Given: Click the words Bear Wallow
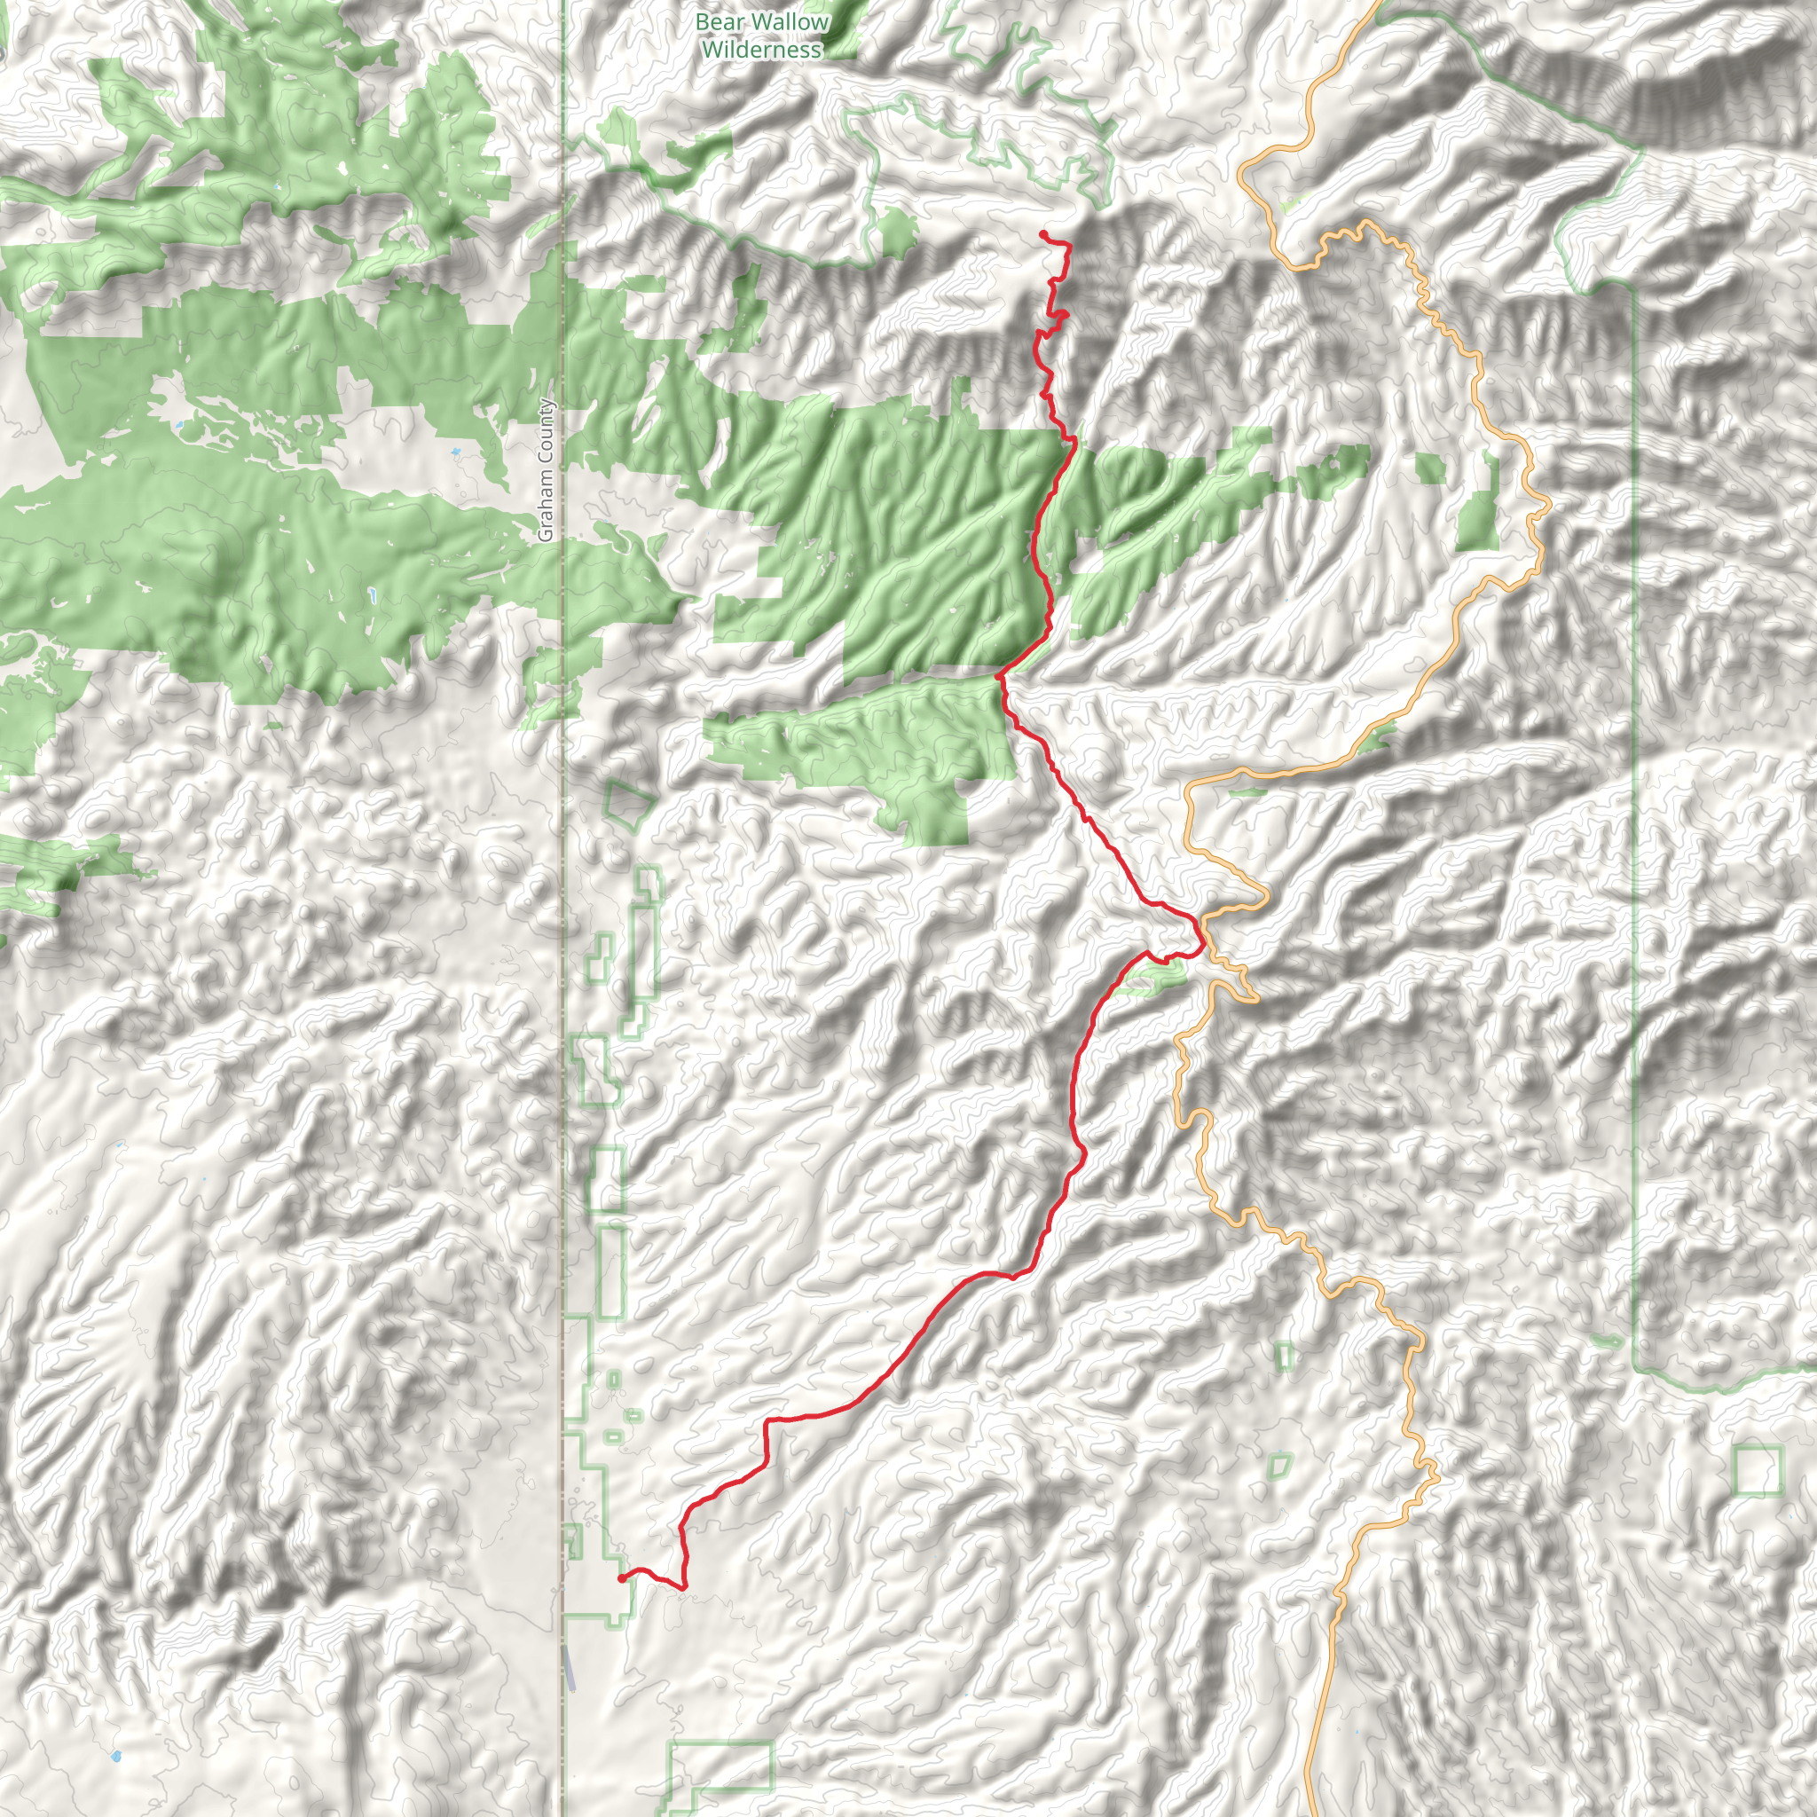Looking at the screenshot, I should (763, 21).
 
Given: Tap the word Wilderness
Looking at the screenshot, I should (762, 50).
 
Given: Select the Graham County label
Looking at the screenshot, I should (547, 470).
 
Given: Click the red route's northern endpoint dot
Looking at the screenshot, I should (1044, 234).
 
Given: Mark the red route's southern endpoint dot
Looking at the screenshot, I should (622, 1579).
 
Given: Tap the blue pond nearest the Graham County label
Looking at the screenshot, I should (456, 452).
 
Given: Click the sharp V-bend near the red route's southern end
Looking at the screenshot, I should (684, 1588).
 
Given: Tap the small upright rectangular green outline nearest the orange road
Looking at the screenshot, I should (1285, 1357).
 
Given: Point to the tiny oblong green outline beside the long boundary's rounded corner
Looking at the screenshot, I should (1608, 1341).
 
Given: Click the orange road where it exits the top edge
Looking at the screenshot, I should (1380, 4).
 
